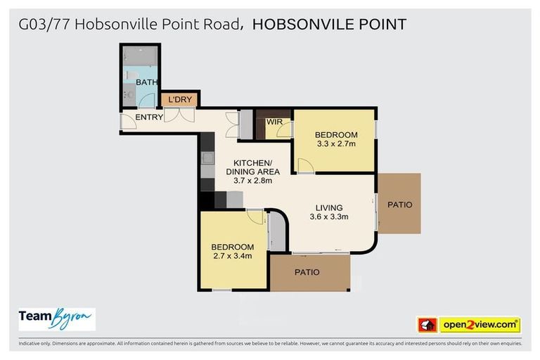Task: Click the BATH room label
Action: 147,83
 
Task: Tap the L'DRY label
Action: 180,100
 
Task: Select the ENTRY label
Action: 149,117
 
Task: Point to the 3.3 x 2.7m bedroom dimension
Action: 335,144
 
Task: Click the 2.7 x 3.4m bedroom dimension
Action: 232,256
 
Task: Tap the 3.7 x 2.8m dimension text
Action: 252,181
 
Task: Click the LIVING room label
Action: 328,207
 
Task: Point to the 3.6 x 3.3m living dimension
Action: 328,217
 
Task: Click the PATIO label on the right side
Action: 399,205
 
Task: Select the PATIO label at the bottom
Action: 307,272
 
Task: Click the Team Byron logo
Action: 56,318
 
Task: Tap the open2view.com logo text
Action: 480,325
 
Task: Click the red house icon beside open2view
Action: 427,325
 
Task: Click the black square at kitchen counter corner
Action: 205,200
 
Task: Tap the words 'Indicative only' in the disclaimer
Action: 34,344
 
